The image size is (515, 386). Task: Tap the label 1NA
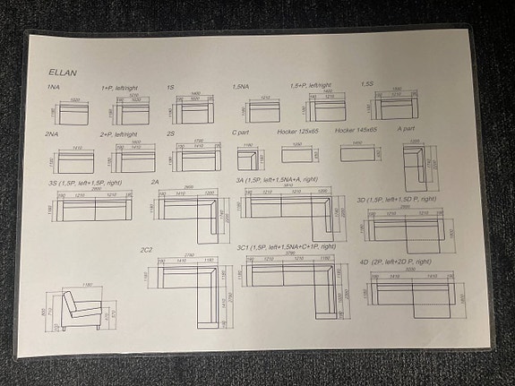tap(54, 88)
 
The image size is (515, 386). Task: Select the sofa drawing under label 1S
tap(196, 113)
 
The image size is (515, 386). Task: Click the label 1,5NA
tap(241, 87)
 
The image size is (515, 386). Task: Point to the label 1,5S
tap(367, 84)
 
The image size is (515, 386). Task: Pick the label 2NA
tap(53, 133)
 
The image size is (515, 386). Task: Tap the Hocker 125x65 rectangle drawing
tap(297, 154)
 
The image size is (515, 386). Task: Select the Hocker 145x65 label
tap(356, 132)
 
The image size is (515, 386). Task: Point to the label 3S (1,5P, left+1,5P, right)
tap(86, 183)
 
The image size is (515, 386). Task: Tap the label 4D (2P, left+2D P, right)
tap(398, 262)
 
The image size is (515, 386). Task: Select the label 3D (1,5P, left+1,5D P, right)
tap(397, 199)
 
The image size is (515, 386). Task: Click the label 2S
tap(171, 133)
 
